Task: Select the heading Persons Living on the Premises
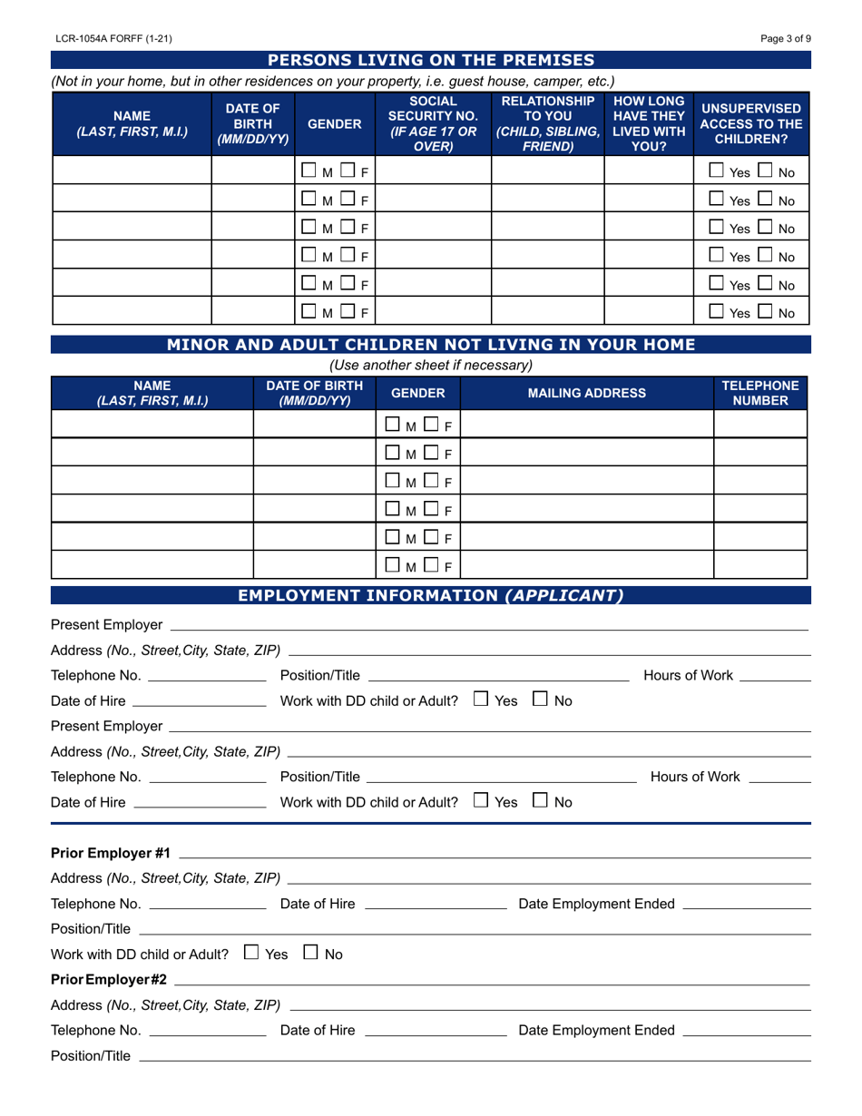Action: coord(431,61)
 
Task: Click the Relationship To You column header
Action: coord(547,123)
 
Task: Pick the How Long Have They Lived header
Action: coord(648,123)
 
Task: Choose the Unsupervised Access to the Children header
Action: coord(751,123)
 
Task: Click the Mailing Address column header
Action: coord(587,393)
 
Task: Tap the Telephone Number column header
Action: coord(760,393)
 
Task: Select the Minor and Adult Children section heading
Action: coord(431,344)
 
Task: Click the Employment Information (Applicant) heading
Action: coord(431,595)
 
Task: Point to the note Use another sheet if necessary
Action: coord(431,366)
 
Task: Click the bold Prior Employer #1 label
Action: coord(111,853)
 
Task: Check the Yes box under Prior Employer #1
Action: coord(252,954)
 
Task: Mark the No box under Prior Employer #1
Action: coord(311,954)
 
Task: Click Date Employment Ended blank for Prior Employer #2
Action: coord(746,1031)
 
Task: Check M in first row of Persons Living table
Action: coord(309,171)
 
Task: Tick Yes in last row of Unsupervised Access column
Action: coord(717,312)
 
